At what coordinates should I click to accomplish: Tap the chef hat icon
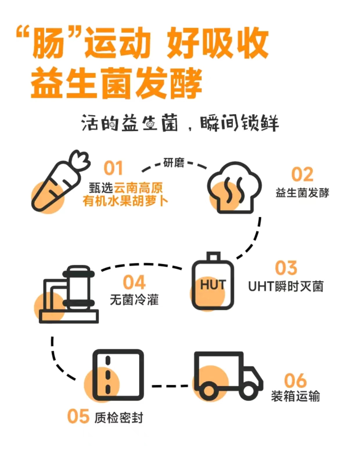(x=234, y=188)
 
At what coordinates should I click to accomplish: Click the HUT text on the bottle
(x=213, y=285)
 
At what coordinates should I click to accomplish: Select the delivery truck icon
(x=228, y=376)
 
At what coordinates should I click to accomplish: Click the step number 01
(x=113, y=168)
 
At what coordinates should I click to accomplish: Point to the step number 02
(x=302, y=175)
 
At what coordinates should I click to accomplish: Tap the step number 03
(x=286, y=268)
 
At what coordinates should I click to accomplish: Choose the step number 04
(x=134, y=282)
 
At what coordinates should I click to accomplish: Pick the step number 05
(x=78, y=417)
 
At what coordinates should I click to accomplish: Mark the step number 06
(x=295, y=381)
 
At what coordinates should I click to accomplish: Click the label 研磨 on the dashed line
(x=174, y=163)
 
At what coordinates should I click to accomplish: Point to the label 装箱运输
(x=295, y=396)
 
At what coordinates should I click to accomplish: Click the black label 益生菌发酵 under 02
(x=302, y=193)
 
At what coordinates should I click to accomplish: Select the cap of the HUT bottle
(x=213, y=256)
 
